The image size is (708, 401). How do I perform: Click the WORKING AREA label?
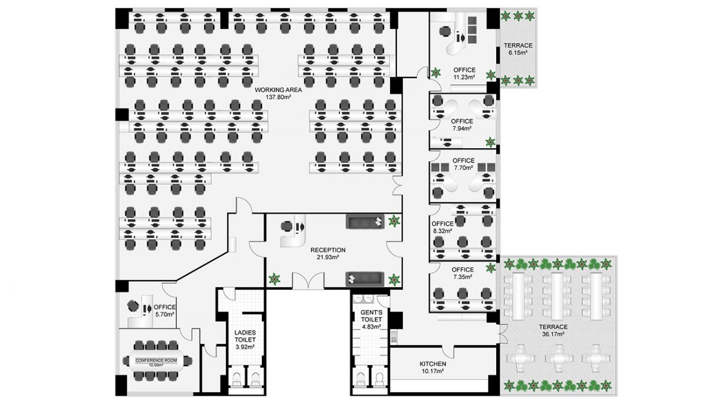tap(278, 90)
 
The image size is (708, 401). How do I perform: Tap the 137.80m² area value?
tap(278, 98)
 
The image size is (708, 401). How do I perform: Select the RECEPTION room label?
tap(328, 250)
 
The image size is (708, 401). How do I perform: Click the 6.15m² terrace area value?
tap(518, 53)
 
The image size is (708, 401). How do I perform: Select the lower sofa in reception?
tap(365, 278)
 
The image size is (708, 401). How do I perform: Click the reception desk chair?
tap(286, 226)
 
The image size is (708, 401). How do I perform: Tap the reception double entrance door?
tap(309, 282)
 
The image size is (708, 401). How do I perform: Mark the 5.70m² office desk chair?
tap(134, 306)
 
